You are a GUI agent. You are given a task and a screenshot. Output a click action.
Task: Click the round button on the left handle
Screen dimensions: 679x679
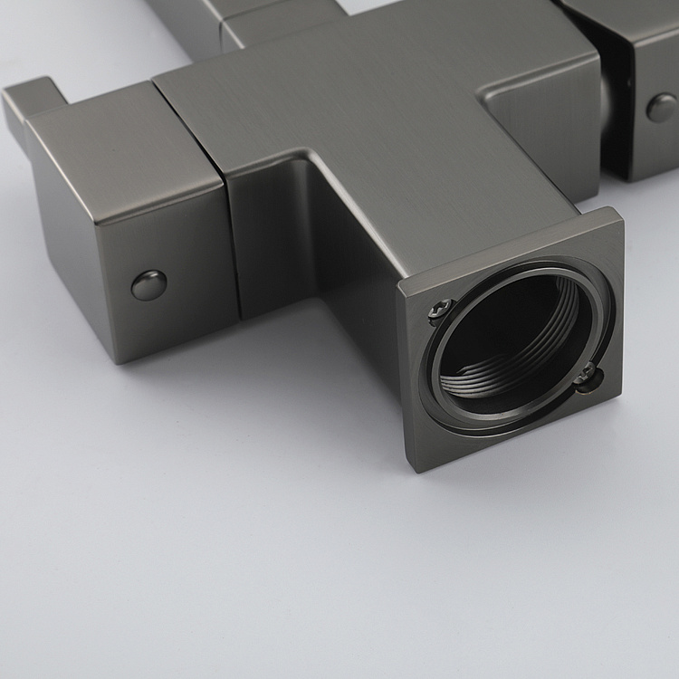pyautogui.click(x=149, y=284)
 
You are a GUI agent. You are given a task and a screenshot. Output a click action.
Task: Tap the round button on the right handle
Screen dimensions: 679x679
pyautogui.click(x=662, y=108)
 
